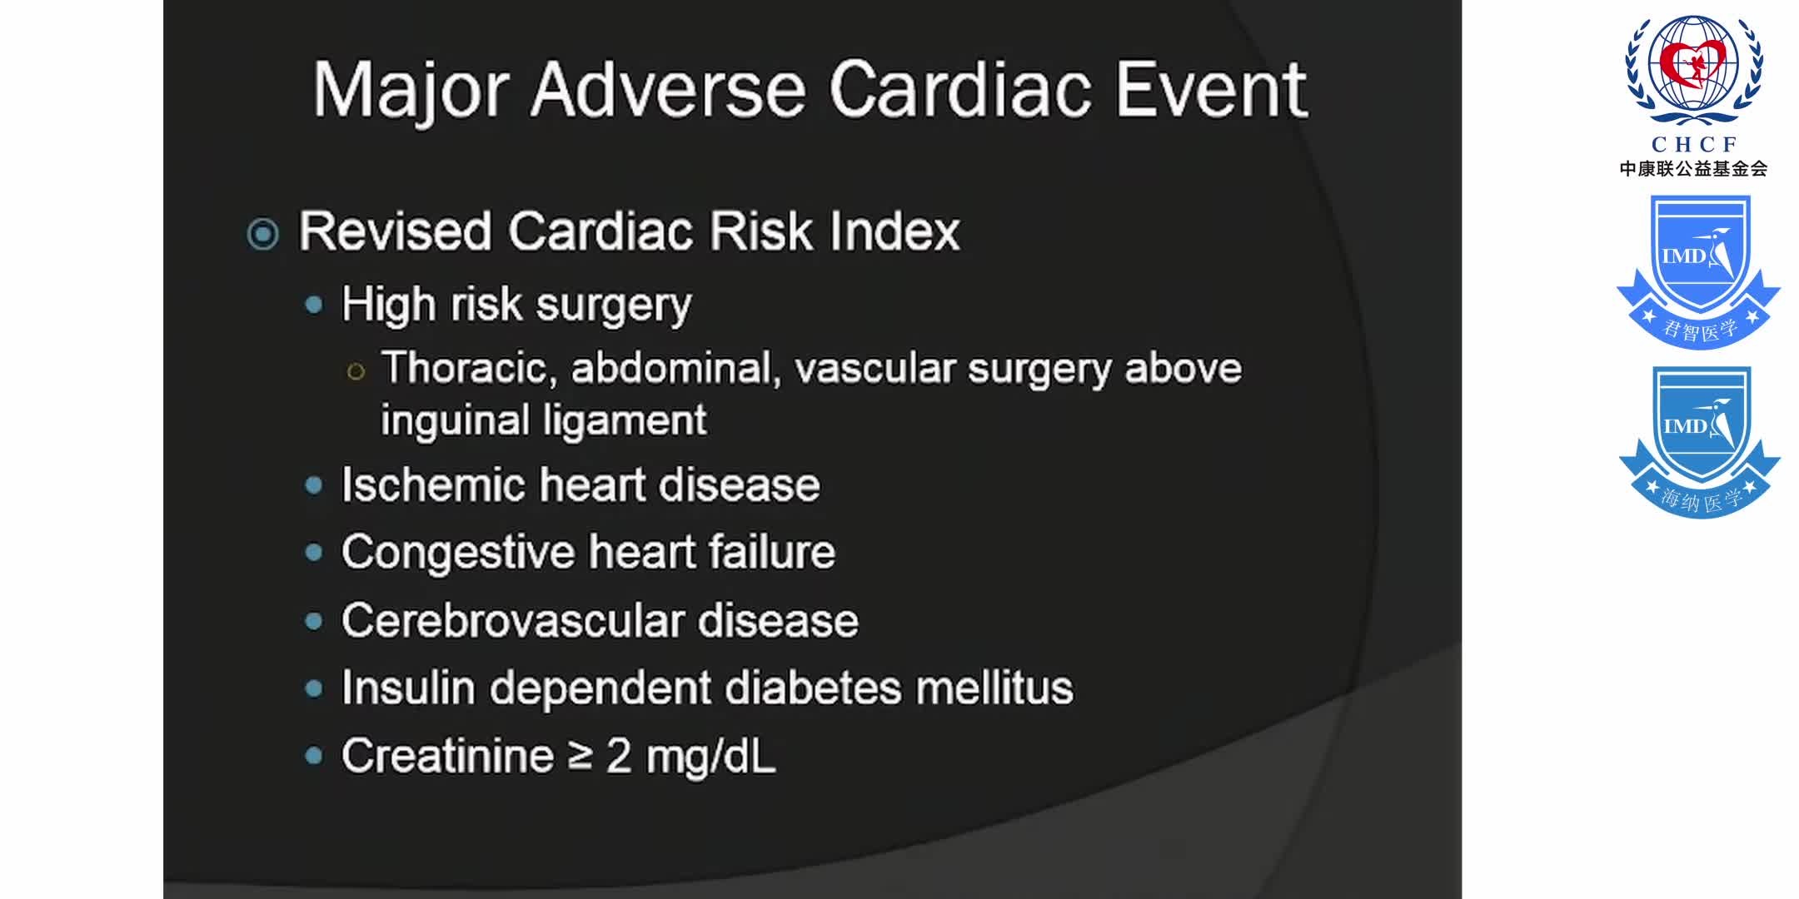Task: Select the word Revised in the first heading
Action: pyautogui.click(x=395, y=231)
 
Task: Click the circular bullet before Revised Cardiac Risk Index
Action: pyautogui.click(x=263, y=234)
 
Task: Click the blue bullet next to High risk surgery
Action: pyautogui.click(x=314, y=305)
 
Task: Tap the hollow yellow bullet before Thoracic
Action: pyautogui.click(x=356, y=371)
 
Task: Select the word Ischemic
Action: pyautogui.click(x=433, y=484)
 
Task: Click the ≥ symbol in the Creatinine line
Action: pyautogui.click(x=581, y=757)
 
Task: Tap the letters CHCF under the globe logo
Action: pyautogui.click(x=1694, y=144)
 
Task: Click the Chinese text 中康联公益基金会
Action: pyautogui.click(x=1693, y=169)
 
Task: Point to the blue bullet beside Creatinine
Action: pyautogui.click(x=314, y=756)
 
